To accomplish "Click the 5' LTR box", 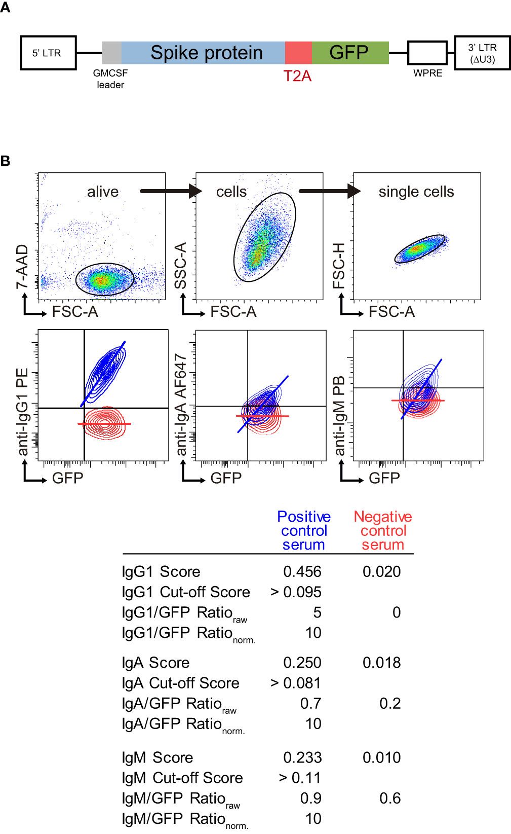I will [48, 53].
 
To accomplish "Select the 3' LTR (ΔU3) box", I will [482, 53].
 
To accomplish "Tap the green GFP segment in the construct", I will [350, 53].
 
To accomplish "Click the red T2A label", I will [297, 76].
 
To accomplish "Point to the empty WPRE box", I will [427, 53].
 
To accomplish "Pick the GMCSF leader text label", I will [110, 79].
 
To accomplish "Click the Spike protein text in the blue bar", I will [207, 53].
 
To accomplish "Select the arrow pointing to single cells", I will [329, 191].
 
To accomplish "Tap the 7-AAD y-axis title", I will [23, 267].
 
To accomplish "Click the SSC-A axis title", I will [181, 266].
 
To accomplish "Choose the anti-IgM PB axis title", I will [339, 416].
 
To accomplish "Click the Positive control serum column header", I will [304, 530].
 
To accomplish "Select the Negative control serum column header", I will [383, 530].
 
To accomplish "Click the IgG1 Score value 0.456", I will [302, 572].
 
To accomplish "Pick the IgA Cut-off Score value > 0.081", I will [296, 683].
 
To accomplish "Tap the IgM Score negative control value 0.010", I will [381, 757].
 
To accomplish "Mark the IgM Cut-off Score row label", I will [182, 778].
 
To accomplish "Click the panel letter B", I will [6, 161].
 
